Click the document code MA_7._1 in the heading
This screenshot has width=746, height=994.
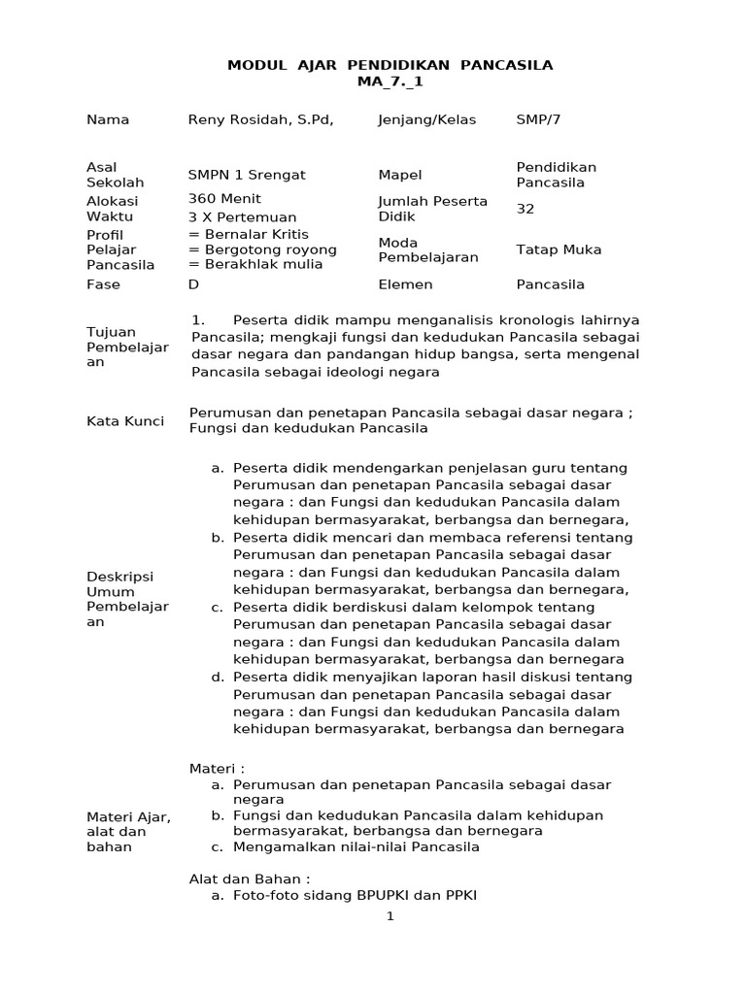point(390,83)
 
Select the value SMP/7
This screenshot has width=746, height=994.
point(538,120)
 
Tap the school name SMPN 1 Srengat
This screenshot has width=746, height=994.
point(247,176)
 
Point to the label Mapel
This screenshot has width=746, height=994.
point(399,176)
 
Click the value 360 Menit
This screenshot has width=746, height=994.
point(224,199)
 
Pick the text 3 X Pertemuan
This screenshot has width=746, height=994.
point(242,216)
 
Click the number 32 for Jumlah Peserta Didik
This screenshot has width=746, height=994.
point(526,209)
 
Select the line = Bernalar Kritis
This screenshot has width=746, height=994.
point(248,234)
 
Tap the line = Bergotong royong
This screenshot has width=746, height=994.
point(262,249)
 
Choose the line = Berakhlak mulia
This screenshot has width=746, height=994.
point(255,265)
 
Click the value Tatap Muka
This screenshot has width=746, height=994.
point(559,249)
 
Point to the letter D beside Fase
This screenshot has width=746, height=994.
point(193,285)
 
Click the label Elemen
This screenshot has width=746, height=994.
point(405,285)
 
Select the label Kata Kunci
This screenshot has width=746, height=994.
point(125,421)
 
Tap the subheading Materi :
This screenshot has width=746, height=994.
point(217,769)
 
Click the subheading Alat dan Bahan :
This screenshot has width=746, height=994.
point(249,879)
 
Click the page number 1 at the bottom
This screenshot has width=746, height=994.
point(390,916)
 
